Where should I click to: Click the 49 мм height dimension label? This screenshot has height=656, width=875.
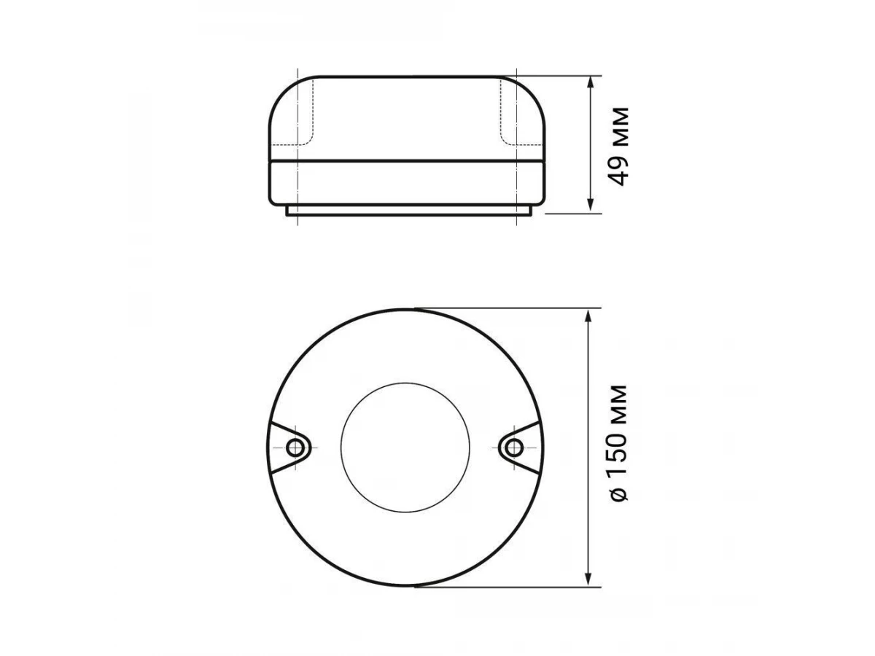point(619,147)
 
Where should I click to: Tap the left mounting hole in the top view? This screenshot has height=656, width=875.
point(295,448)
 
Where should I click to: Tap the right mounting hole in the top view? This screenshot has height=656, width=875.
point(514,448)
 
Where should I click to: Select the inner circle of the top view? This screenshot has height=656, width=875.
point(405,383)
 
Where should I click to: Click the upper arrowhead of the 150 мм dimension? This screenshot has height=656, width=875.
point(588,317)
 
